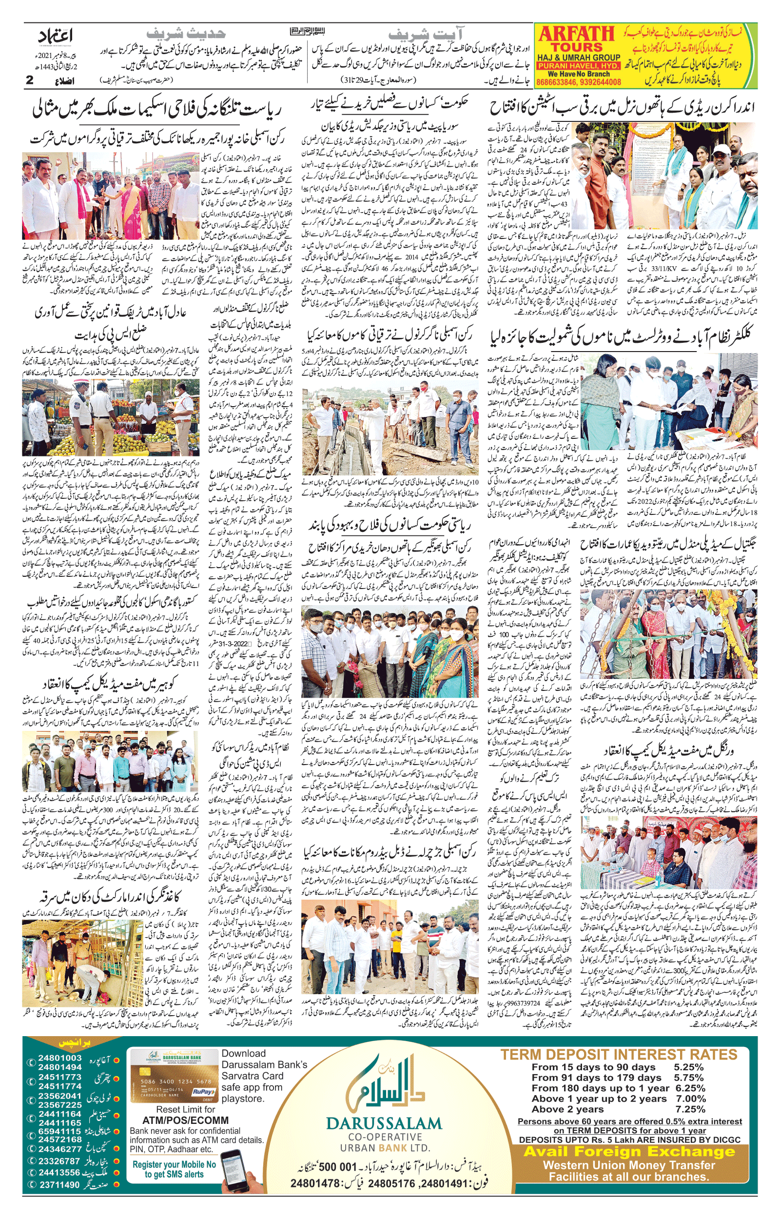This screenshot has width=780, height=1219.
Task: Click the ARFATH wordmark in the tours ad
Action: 577,35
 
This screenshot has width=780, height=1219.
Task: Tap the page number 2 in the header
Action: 29,79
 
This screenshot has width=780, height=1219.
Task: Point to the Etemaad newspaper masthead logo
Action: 55,38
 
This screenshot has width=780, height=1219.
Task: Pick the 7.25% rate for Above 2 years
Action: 690,1109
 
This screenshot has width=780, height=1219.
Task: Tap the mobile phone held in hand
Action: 236,1168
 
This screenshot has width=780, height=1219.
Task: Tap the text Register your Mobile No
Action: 174,1164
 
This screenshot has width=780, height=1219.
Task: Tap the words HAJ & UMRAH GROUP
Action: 578,58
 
